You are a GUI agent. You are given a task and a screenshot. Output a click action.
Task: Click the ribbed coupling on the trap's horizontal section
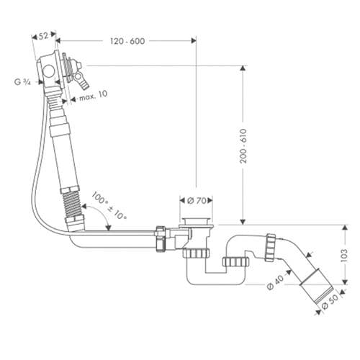(x=234, y=261)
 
